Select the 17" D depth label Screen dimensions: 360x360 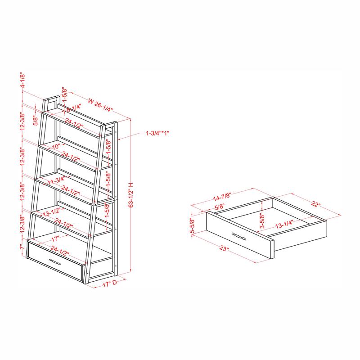click(109, 284)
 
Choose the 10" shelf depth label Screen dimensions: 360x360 click(55, 147)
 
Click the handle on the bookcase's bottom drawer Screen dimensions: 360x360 click(55, 262)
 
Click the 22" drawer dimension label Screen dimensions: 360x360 click(315, 205)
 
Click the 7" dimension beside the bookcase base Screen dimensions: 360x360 click(21, 247)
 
